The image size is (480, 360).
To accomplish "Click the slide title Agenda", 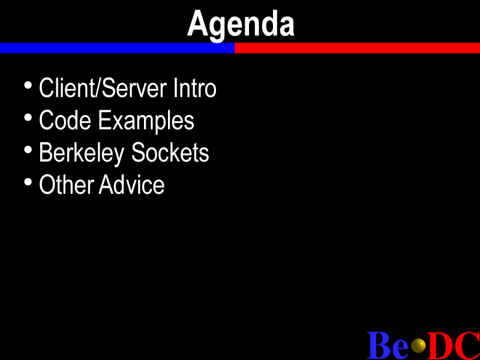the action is tap(241, 25).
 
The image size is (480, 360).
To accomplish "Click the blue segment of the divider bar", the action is tap(117, 48).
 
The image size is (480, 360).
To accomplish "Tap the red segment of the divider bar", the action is tap(357, 48).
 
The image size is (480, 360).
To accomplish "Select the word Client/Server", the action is tap(103, 88).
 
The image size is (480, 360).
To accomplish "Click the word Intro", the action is tap(194, 88).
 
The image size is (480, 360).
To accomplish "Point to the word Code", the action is tap(65, 120).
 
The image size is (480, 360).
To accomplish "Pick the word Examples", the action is tap(146, 121).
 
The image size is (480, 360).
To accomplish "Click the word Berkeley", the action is tap(82, 154).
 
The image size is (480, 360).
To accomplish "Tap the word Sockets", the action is tap(170, 152).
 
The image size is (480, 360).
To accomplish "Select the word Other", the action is tap(67, 185).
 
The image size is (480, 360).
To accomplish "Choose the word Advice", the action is tap(131, 185).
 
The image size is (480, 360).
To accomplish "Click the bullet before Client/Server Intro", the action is tap(28, 85).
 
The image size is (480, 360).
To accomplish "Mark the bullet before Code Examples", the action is tap(28, 118).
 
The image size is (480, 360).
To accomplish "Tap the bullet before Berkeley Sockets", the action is tap(28, 149).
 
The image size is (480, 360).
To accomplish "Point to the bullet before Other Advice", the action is tap(28, 182).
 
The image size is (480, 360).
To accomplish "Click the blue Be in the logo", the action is tap(388, 346).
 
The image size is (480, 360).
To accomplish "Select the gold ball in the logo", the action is tap(418, 346).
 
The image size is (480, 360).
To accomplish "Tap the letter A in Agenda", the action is tap(198, 23).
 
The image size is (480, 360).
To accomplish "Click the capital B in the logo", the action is tap(379, 346).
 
